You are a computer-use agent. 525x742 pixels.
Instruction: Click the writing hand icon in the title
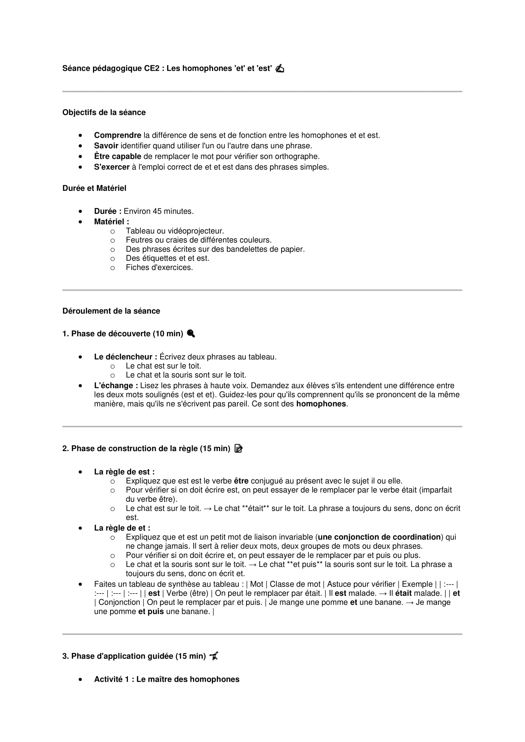coord(280,69)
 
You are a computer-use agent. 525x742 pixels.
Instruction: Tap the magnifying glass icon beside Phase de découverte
coord(191,333)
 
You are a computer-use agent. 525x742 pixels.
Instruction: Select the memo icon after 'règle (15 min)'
coord(238,449)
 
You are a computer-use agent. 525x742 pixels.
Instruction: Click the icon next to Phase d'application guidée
coord(214,656)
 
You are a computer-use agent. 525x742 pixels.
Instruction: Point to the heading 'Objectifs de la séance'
coord(104,113)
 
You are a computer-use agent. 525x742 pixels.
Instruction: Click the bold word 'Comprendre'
coord(117,135)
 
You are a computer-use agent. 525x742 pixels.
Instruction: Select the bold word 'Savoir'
coord(106,146)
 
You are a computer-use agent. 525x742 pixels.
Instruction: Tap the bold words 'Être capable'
coord(117,156)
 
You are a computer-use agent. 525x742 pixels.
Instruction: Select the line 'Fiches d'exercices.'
coord(159,268)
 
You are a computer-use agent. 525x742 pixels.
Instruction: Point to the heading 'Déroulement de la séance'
coord(111,311)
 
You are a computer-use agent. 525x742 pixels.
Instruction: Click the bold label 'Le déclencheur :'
coord(125,357)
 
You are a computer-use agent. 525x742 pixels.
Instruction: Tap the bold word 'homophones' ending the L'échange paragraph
coord(321,404)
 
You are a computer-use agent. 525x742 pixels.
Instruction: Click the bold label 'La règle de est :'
coord(124,472)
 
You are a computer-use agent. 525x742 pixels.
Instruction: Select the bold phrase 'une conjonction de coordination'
coord(379,537)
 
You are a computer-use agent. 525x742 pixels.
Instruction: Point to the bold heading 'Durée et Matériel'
coord(94,188)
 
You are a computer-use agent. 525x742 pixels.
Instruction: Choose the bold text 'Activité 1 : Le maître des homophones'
coord(167,679)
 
